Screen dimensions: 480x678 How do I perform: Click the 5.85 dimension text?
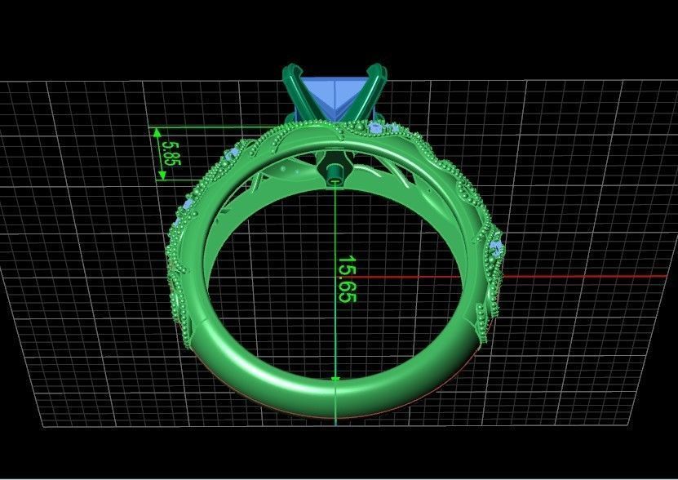171,153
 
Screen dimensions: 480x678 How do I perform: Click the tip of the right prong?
381,69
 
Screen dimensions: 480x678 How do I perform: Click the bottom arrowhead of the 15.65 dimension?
336,377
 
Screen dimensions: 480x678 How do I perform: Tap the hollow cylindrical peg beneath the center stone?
334,171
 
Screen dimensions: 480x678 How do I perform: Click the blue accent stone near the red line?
496,246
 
